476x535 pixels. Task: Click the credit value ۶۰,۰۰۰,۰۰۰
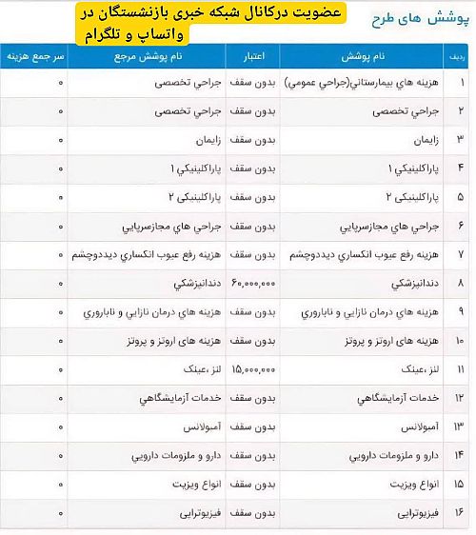[x=252, y=284]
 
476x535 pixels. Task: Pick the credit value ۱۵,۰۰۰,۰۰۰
[x=252, y=367]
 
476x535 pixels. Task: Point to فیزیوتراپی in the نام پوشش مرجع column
[x=176, y=512]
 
